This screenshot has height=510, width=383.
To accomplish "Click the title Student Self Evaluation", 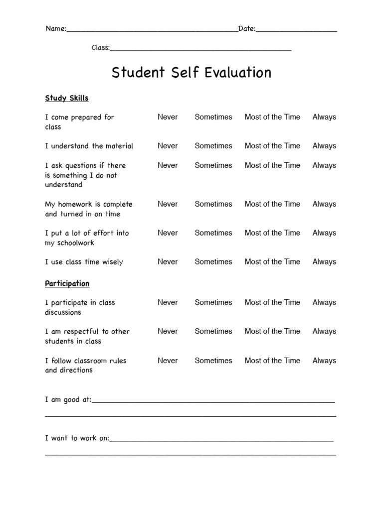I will point(191,73).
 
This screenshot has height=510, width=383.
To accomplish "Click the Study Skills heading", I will point(67,98).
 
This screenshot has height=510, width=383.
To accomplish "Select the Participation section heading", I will point(67,283).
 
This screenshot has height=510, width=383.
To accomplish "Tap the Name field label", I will point(56,29).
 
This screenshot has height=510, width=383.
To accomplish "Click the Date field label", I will point(247,29).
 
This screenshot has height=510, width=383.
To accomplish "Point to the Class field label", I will point(100,48).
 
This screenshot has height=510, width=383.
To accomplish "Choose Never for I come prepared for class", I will point(168,117).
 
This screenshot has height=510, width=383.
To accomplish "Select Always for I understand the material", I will point(324,146).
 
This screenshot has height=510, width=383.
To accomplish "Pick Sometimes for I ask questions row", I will point(213,165).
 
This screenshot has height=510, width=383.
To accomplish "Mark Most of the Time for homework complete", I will point(272,204).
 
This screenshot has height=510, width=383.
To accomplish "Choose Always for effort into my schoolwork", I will point(324,233).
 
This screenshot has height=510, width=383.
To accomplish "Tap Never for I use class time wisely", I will point(168,262).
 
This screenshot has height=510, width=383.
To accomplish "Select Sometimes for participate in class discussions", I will point(213,302).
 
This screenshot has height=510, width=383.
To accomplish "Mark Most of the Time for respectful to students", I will point(272,331).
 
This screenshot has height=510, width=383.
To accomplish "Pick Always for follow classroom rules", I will point(324,361).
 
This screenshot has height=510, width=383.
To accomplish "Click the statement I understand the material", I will point(89,146).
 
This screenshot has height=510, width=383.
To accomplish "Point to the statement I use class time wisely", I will point(84,262).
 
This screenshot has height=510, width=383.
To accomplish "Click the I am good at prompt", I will point(68,399).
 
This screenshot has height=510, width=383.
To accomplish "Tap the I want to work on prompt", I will point(77,438).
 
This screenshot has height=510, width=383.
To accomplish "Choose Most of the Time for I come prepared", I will point(272,117).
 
